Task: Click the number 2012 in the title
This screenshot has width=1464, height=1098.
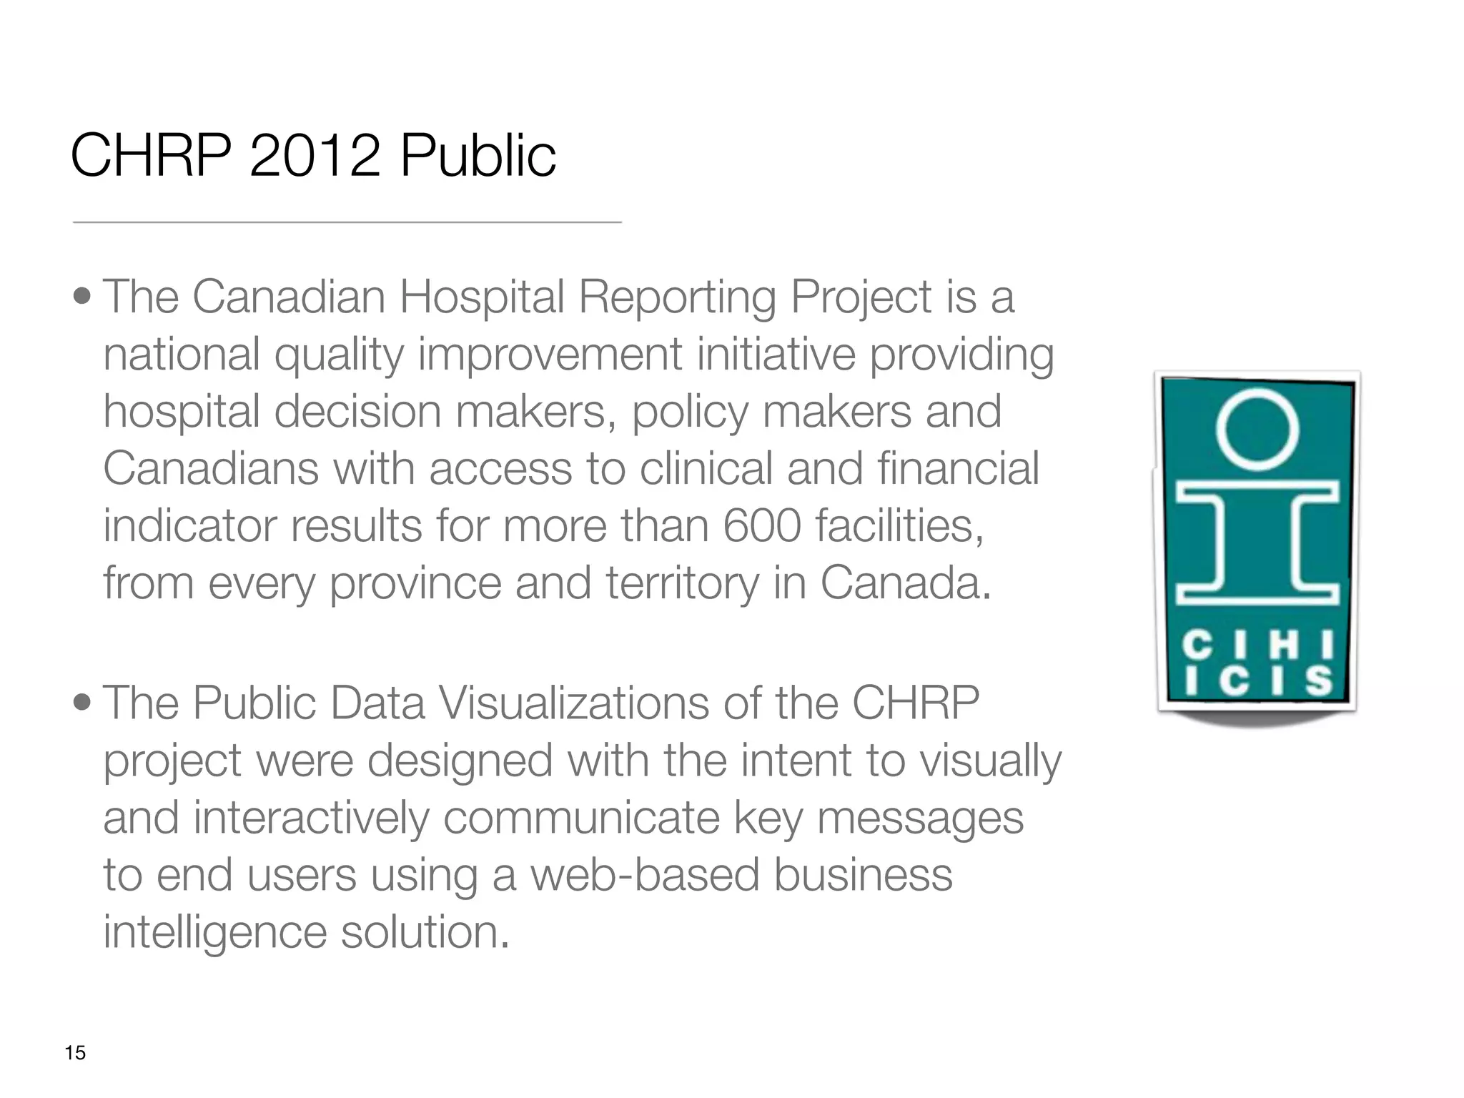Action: coord(314,156)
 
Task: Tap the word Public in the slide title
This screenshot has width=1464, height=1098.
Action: coord(478,156)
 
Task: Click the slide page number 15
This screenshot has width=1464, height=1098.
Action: coord(75,1053)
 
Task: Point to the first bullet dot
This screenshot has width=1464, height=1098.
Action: coord(82,296)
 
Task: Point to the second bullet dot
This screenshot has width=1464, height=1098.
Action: coord(82,702)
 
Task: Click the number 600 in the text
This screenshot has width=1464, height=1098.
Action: coord(761,526)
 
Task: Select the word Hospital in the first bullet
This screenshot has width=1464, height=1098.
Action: coord(482,297)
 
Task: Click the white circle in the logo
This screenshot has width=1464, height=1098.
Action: coord(1257,427)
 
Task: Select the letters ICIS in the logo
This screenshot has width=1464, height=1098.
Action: coord(1257,681)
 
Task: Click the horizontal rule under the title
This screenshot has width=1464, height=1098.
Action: coord(347,222)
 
